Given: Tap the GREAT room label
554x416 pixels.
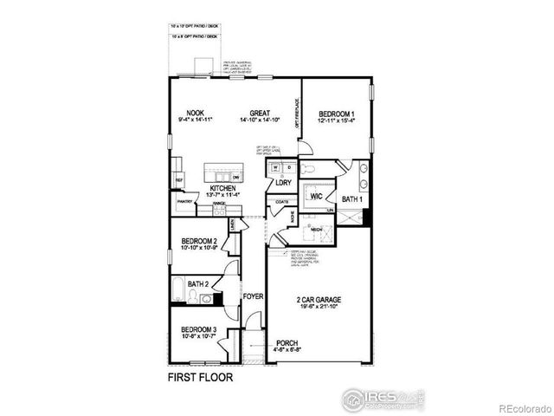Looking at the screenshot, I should tap(261, 113).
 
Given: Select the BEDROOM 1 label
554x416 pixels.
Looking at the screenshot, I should tap(338, 114).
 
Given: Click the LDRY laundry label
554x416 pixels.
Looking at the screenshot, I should tap(283, 183).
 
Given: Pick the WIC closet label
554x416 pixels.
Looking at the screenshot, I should tap(316, 196).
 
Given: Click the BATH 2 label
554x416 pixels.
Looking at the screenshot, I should tap(198, 283).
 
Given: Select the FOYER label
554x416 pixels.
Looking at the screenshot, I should tap(253, 296).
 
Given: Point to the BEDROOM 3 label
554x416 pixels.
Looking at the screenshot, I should tap(199, 329).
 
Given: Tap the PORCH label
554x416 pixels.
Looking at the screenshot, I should tap(287, 343).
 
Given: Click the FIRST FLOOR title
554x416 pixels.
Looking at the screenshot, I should tap(199, 378).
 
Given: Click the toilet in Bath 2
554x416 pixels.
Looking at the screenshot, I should tap(208, 299).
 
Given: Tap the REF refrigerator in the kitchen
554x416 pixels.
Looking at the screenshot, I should tap(179, 180).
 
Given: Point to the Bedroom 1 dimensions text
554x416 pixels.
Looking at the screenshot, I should tap(338, 120).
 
